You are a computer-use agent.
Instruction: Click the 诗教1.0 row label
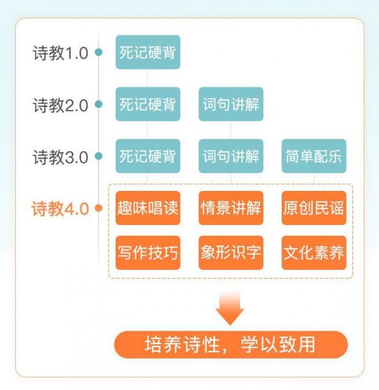[x=60, y=53]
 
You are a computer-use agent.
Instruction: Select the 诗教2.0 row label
[x=60, y=105]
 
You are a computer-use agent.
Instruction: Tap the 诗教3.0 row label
[x=60, y=157]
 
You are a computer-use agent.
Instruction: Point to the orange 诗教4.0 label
[x=60, y=209]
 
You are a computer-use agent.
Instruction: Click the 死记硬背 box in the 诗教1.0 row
[x=148, y=52]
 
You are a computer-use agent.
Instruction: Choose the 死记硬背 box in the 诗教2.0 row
[x=148, y=104]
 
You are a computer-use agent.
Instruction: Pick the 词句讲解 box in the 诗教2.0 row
[x=231, y=104]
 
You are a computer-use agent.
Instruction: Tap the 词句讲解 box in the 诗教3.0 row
[x=231, y=156]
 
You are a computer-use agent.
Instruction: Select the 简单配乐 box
[x=314, y=156]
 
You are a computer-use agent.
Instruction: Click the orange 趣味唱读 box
[x=148, y=208]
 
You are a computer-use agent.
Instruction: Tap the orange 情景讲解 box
[x=231, y=208]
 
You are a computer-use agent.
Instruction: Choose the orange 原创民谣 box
[x=314, y=208]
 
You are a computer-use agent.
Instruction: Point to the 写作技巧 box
[x=148, y=253]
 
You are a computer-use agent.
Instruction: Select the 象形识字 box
[x=231, y=253]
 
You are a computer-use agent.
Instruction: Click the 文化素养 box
[x=314, y=253]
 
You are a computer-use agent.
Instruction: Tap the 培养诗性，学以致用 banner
[x=231, y=345]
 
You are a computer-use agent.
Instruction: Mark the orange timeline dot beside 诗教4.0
[x=99, y=208]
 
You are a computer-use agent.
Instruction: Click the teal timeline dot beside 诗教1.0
[x=99, y=52]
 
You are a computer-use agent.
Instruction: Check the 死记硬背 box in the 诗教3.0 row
[x=148, y=156]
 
